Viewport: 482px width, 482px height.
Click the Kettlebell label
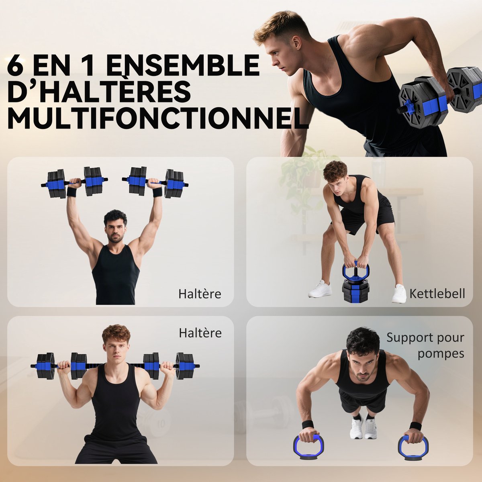pos(437,293)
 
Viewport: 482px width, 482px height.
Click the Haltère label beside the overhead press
pos(200,294)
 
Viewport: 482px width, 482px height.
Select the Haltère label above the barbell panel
pos(200,333)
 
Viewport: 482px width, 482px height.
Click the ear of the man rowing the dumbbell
pos(297,43)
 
